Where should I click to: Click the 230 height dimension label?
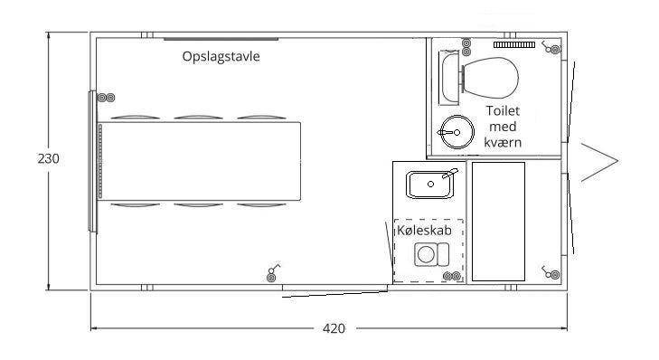click(x=48, y=158)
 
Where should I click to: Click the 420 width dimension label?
click(x=334, y=328)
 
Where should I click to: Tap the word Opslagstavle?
click(x=221, y=56)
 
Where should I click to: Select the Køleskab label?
click(x=424, y=230)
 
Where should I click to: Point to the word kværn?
click(x=503, y=143)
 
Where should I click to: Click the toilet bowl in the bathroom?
click(x=491, y=78)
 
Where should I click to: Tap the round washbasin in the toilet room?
click(x=456, y=132)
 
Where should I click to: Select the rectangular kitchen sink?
click(x=430, y=185)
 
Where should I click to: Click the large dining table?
click(x=200, y=161)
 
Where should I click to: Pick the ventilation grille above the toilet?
click(x=514, y=44)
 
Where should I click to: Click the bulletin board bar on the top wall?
click(x=221, y=39)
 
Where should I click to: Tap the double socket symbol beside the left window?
click(x=107, y=98)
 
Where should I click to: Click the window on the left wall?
click(x=92, y=162)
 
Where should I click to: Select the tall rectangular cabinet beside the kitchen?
click(x=498, y=222)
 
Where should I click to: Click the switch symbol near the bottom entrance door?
click(x=273, y=273)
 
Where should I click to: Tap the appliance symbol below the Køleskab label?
click(x=431, y=254)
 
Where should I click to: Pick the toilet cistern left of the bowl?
click(x=448, y=78)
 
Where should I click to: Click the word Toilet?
click(x=503, y=110)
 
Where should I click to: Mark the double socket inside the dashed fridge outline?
click(x=452, y=276)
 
